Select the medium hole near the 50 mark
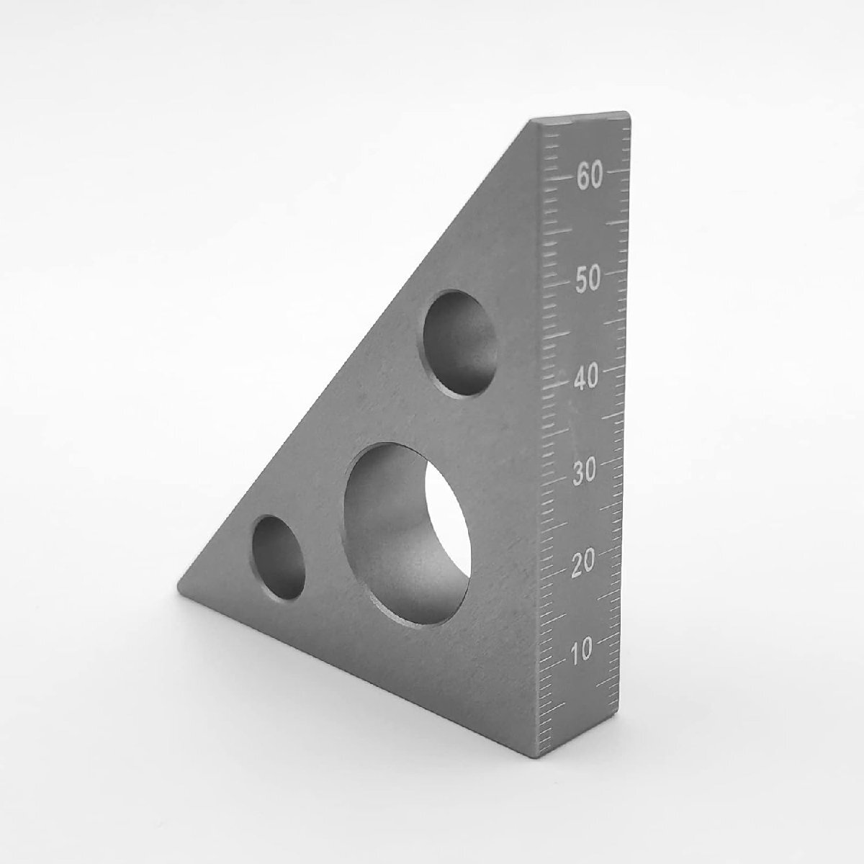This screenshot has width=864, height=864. pyautogui.click(x=461, y=343)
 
